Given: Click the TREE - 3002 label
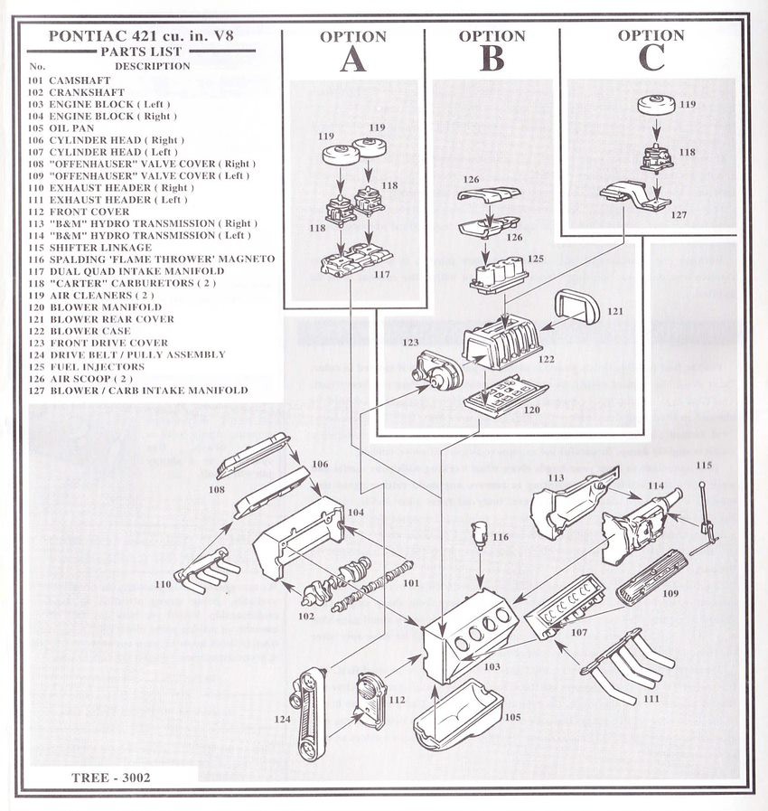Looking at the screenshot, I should (111, 777).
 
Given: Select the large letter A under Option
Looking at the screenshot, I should (352, 59).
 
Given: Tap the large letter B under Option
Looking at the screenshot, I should (492, 59).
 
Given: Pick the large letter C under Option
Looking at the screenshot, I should (650, 57).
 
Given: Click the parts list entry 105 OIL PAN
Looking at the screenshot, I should (61, 128).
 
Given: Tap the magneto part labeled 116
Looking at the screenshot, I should (479, 535).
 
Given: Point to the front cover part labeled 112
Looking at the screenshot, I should (370, 701).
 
